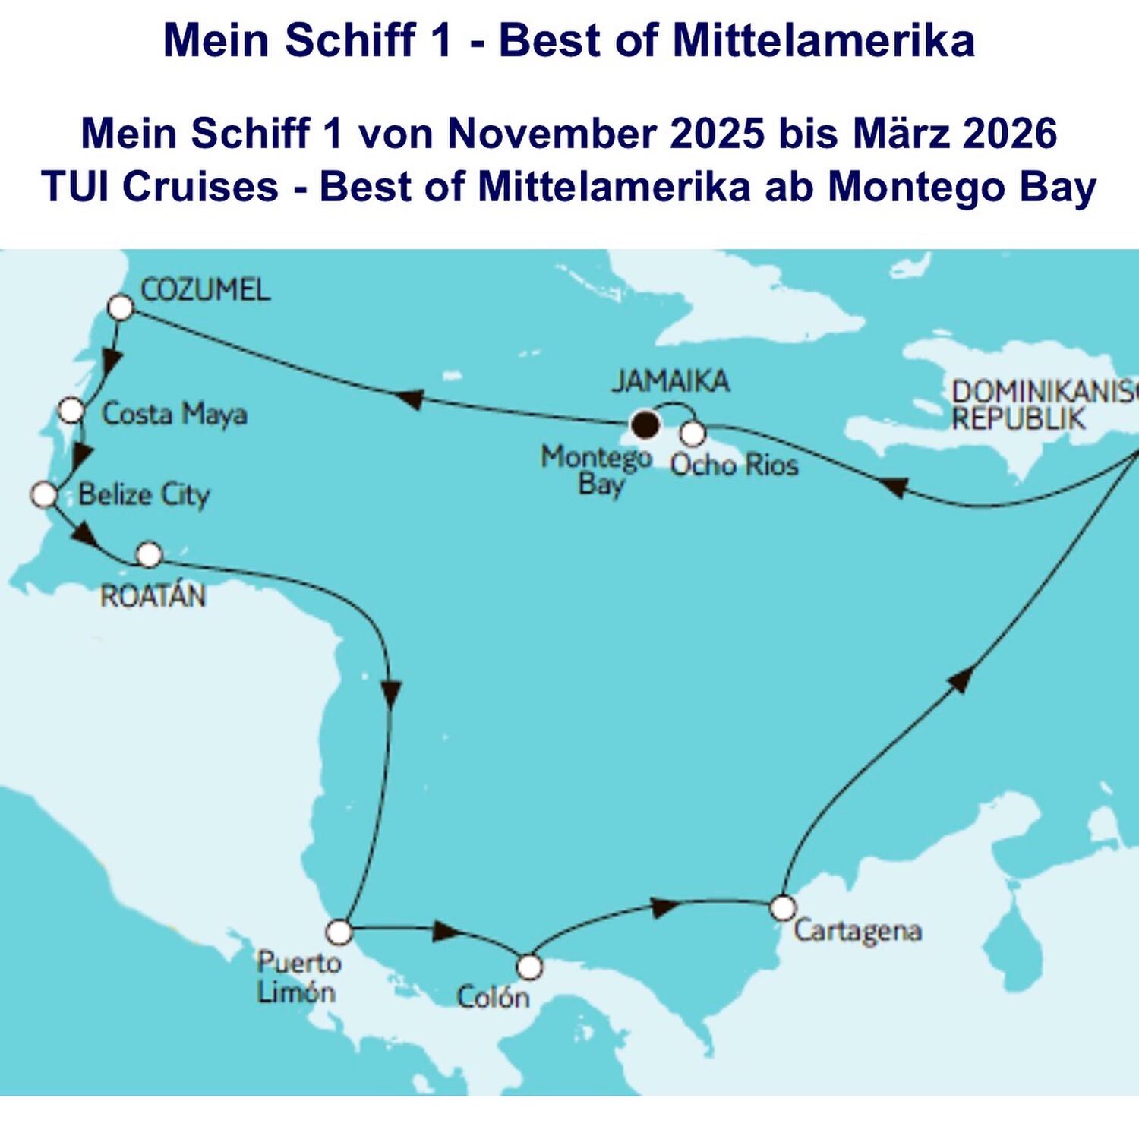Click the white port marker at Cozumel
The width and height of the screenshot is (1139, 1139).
(121, 308)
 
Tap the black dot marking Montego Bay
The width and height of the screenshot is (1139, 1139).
(645, 424)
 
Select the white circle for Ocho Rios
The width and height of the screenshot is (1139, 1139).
(693, 434)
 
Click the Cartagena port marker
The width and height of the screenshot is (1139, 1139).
(782, 907)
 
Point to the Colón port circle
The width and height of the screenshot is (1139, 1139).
(529, 967)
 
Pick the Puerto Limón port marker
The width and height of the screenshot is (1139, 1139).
(339, 931)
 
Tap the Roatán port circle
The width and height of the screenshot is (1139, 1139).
(150, 555)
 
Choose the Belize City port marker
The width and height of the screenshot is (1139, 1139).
(44, 495)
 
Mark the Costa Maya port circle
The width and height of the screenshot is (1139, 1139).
(71, 410)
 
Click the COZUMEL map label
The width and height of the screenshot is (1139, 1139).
(205, 290)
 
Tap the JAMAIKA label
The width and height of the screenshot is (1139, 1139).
(670, 381)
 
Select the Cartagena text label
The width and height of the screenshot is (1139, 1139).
(857, 931)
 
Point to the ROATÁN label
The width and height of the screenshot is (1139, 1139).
(153, 596)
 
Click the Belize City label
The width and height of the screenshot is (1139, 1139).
(144, 495)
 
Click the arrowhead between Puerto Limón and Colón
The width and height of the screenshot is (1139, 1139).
(446, 931)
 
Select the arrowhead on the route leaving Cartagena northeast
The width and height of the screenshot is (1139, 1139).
(961, 678)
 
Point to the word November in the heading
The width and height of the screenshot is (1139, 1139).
(552, 134)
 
